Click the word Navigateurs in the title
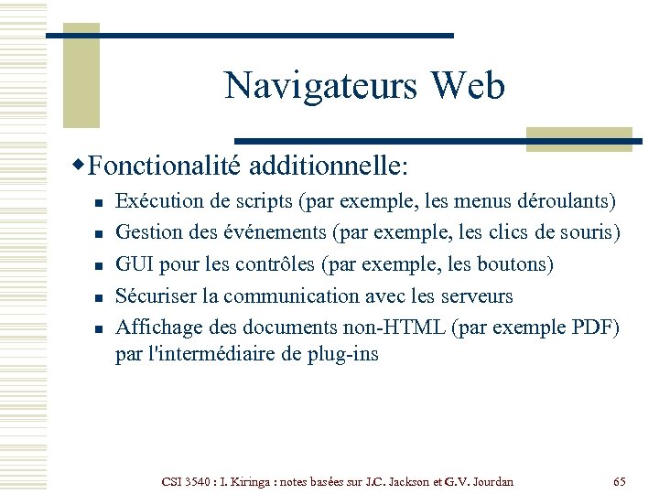pyautogui.click(x=321, y=85)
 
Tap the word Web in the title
pyautogui.click(x=468, y=85)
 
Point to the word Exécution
pyautogui.click(x=157, y=200)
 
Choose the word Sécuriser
pyautogui.click(x=155, y=296)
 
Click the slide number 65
pyautogui.click(x=620, y=481)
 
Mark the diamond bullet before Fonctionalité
pyautogui.click(x=81, y=165)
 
